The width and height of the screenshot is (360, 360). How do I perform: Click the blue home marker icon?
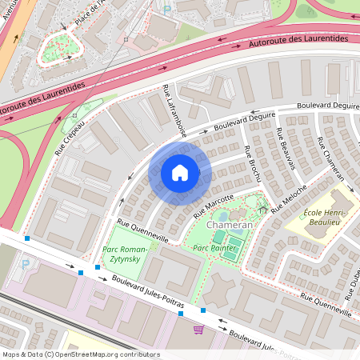point(180,172)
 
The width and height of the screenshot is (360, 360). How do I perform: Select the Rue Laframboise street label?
point(174,110)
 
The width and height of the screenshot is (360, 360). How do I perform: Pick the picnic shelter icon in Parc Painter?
point(263,210)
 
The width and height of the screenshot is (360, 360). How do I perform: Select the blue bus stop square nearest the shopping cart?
point(203,310)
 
